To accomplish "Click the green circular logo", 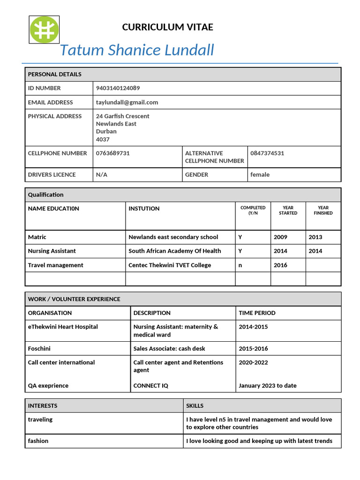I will click(45, 30).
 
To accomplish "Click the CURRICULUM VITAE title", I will click(167, 27).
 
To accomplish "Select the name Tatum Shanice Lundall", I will click(137, 50).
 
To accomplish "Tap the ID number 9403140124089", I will click(118, 88).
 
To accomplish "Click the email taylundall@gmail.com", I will click(127, 102).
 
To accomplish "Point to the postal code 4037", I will click(103, 139).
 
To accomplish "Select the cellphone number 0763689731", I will click(112, 153).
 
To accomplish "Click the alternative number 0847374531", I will click(267, 153).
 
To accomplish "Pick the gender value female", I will click(260, 174).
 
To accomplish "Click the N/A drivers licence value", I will click(102, 174).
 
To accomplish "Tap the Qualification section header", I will click(45, 195).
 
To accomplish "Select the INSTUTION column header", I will click(144, 209).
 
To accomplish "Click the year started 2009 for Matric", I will click(280, 237).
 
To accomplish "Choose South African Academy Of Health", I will click(174, 251).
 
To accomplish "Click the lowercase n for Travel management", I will click(240, 265).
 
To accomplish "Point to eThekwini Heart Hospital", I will click(63, 327).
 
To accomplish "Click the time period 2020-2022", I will click(253, 362).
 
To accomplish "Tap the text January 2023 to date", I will click(267, 386).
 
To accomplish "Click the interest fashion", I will click(38, 441).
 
